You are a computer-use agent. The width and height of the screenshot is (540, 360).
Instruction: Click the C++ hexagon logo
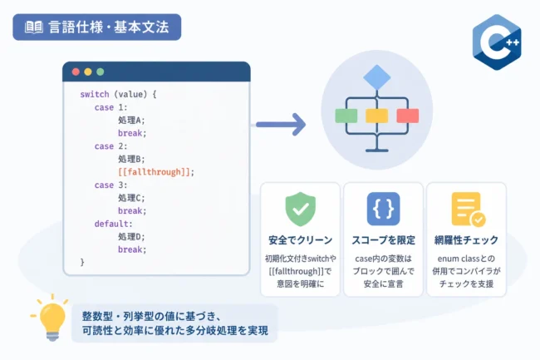pyautogui.click(x=497, y=42)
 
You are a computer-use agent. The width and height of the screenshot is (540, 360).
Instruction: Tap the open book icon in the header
pyautogui.click(x=34, y=27)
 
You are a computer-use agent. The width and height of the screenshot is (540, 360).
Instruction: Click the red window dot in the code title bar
pyautogui.click(x=76, y=72)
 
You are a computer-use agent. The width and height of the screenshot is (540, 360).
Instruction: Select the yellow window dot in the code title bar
pyautogui.click(x=88, y=72)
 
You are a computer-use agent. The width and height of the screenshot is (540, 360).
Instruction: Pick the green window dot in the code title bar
pyautogui.click(x=101, y=72)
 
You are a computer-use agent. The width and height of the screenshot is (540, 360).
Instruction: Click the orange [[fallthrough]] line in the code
pyautogui.click(x=156, y=172)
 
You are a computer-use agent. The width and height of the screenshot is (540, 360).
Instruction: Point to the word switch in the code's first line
pyautogui.click(x=95, y=94)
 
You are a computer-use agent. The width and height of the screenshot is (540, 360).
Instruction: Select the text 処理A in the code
pyautogui.click(x=130, y=121)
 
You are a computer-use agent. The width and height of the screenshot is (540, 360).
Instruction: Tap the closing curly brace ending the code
pyautogui.click(x=82, y=262)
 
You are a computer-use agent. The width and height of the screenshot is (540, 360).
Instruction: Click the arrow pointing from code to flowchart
pyautogui.click(x=281, y=125)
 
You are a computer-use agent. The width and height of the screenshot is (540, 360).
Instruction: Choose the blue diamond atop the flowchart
pyautogui.click(x=377, y=77)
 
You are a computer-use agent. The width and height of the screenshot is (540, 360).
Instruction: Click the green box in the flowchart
pyautogui.click(x=346, y=116)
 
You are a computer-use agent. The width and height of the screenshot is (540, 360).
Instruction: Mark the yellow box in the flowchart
pyautogui.click(x=377, y=116)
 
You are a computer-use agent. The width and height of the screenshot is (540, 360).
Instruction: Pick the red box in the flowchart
pyautogui.click(x=408, y=116)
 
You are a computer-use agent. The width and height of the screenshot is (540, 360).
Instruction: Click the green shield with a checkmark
pyautogui.click(x=300, y=209)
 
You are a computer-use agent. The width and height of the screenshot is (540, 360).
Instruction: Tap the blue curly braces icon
pyautogui.click(x=383, y=209)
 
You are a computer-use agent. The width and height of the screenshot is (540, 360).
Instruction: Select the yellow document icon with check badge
pyautogui.click(x=468, y=210)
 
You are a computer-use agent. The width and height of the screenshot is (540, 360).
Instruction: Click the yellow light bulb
pyautogui.click(x=51, y=318)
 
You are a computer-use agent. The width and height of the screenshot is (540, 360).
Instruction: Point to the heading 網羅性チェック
pyautogui.click(x=466, y=240)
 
